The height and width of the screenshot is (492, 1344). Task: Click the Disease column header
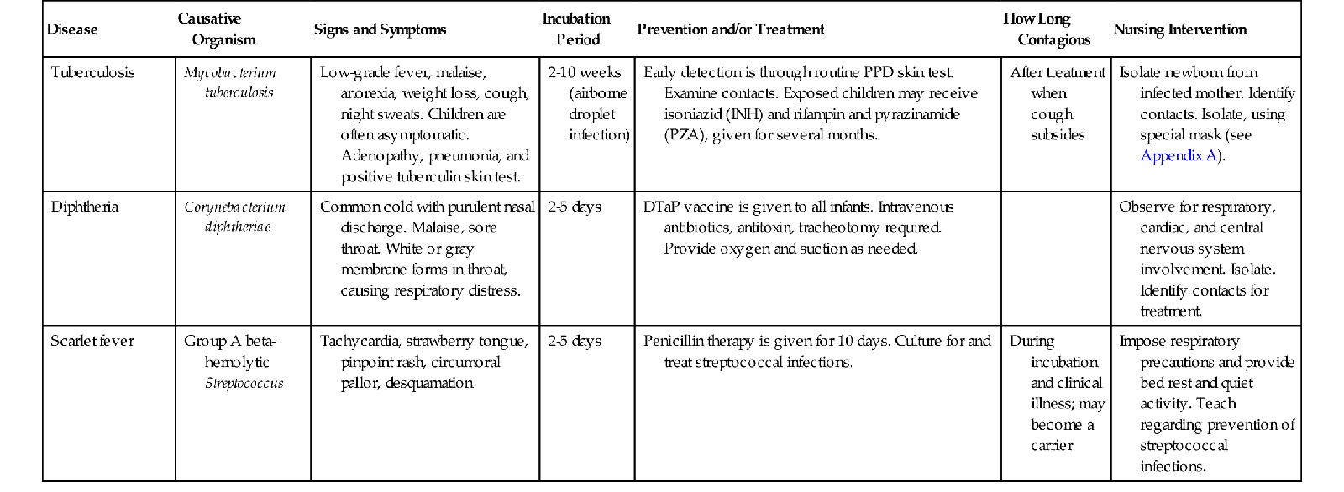72,29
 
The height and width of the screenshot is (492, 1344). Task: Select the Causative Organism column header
216,29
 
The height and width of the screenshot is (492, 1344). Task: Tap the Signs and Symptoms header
380,29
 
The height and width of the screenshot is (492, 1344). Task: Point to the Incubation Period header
576,29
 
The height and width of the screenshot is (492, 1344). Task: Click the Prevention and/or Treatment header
730,29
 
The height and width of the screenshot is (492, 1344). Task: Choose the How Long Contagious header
1046,29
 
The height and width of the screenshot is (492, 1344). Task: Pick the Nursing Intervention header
1179,29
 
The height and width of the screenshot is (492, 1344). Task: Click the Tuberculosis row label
92,72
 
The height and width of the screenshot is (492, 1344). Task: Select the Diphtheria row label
85,207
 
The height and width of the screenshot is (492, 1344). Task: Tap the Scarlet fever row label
92,341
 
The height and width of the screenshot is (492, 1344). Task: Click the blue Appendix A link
1179,155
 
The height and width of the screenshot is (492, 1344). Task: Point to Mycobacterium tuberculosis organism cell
231,82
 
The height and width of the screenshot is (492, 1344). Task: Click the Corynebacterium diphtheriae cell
235,217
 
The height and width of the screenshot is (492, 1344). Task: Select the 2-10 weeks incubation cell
585,72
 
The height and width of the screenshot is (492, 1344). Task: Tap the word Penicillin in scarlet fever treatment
675,341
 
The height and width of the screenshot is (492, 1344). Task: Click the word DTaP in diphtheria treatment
662,207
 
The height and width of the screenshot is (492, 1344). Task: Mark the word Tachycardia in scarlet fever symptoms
359,341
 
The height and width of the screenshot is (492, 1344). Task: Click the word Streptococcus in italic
244,383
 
